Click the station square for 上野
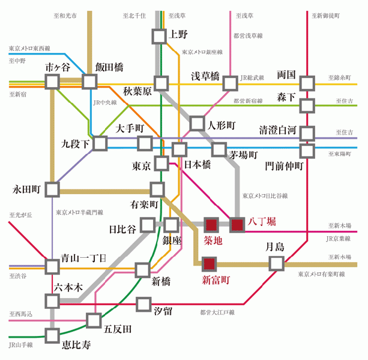pyautogui.click(x=158, y=36)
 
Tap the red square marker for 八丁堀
pyautogui.click(x=238, y=225)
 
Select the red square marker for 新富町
pyautogui.click(x=209, y=263)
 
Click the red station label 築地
pyautogui.click(x=214, y=242)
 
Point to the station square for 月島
pyautogui.click(x=276, y=263)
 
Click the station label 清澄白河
pyautogui.click(x=279, y=130)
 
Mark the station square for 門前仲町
pyautogui.click(x=307, y=150)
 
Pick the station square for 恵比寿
pyautogui.click(x=52, y=334)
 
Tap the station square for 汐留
pyautogui.click(x=143, y=304)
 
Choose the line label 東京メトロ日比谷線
pyautogui.click(x=265, y=196)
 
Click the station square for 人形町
pyautogui.click(x=197, y=124)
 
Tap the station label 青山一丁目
pyautogui.click(x=83, y=258)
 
